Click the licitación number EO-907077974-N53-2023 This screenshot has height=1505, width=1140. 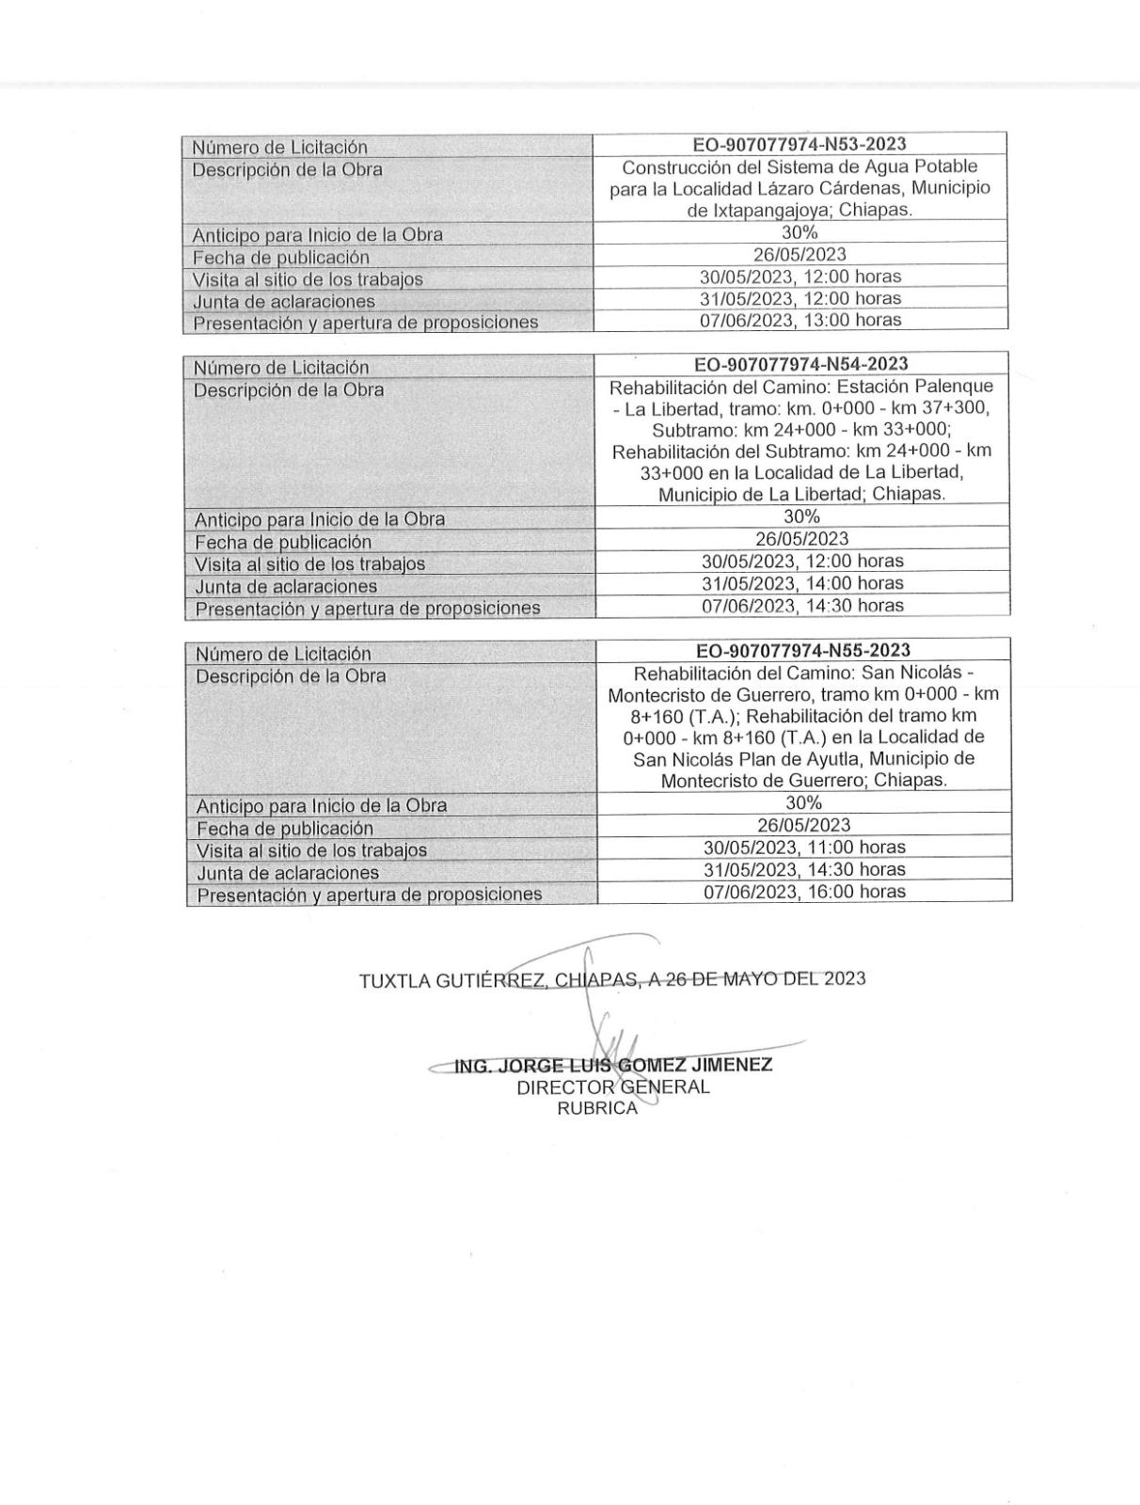point(800,144)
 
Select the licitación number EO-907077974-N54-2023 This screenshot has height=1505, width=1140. point(801,364)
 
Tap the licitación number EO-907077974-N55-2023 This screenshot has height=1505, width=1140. point(803,650)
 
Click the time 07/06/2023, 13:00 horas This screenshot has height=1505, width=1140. point(801,320)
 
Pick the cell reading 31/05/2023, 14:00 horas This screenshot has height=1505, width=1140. point(802,583)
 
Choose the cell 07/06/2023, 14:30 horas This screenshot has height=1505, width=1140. point(802,606)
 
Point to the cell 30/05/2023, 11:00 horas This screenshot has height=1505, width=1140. point(804,848)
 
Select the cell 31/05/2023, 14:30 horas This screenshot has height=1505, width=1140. point(804,869)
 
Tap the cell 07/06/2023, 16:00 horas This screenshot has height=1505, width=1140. point(804,892)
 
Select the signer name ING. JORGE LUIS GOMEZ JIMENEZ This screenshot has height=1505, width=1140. point(613,1066)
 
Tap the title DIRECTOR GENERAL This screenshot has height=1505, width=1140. point(613,1087)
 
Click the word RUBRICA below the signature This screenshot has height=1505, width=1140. point(597,1108)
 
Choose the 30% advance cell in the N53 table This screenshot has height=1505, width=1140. point(800,232)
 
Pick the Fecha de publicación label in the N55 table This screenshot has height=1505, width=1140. point(285,829)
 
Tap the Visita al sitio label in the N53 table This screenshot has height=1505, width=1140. point(308,279)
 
